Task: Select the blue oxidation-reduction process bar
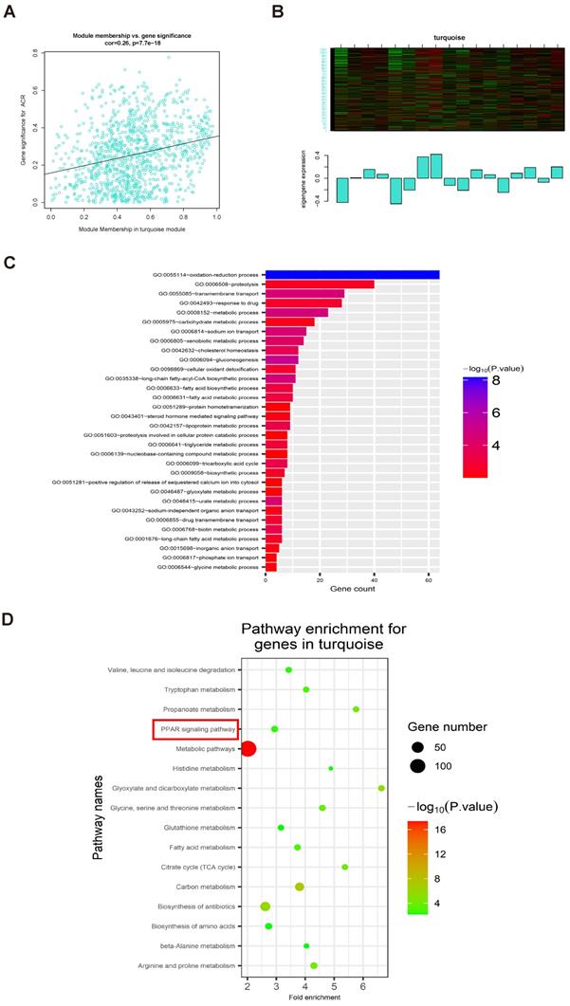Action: click(x=352, y=275)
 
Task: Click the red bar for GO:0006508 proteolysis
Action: click(x=320, y=284)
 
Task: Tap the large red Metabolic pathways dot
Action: click(x=248, y=749)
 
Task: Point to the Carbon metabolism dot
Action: click(x=300, y=887)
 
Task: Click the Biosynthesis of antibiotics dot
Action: click(x=266, y=906)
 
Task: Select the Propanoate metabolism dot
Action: click(x=356, y=709)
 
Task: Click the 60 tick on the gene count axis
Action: click(x=430, y=579)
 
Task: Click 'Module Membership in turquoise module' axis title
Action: click(x=133, y=230)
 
